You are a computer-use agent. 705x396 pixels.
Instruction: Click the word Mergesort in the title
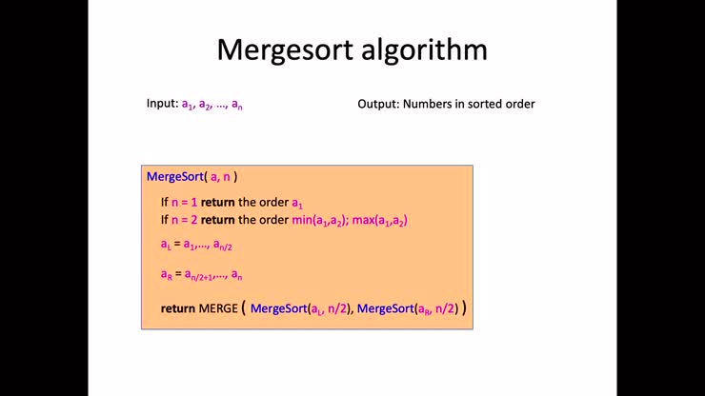click(x=285, y=49)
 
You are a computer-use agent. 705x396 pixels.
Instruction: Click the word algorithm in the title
click(x=425, y=49)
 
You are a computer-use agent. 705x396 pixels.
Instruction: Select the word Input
click(x=162, y=104)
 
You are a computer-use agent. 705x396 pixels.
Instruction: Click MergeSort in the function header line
click(x=175, y=177)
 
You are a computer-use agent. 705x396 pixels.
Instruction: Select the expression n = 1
click(x=184, y=202)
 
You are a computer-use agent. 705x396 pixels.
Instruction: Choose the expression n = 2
click(x=184, y=220)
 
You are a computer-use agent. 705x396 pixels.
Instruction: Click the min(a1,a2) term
click(x=320, y=220)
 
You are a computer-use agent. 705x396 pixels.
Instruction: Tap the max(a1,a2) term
click(x=380, y=220)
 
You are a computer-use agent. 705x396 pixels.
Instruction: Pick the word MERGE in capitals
click(x=218, y=308)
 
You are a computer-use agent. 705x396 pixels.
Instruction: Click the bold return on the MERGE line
click(x=178, y=308)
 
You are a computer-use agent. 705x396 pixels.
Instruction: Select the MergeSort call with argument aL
click(x=300, y=308)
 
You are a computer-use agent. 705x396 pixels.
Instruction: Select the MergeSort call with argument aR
click(x=408, y=308)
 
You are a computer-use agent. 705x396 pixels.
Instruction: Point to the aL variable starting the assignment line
click(x=166, y=245)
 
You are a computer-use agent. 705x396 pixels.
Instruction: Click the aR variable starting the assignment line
click(x=167, y=274)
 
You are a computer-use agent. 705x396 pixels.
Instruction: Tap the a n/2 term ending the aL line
click(x=223, y=245)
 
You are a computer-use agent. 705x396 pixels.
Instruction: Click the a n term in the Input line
click(x=237, y=105)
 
